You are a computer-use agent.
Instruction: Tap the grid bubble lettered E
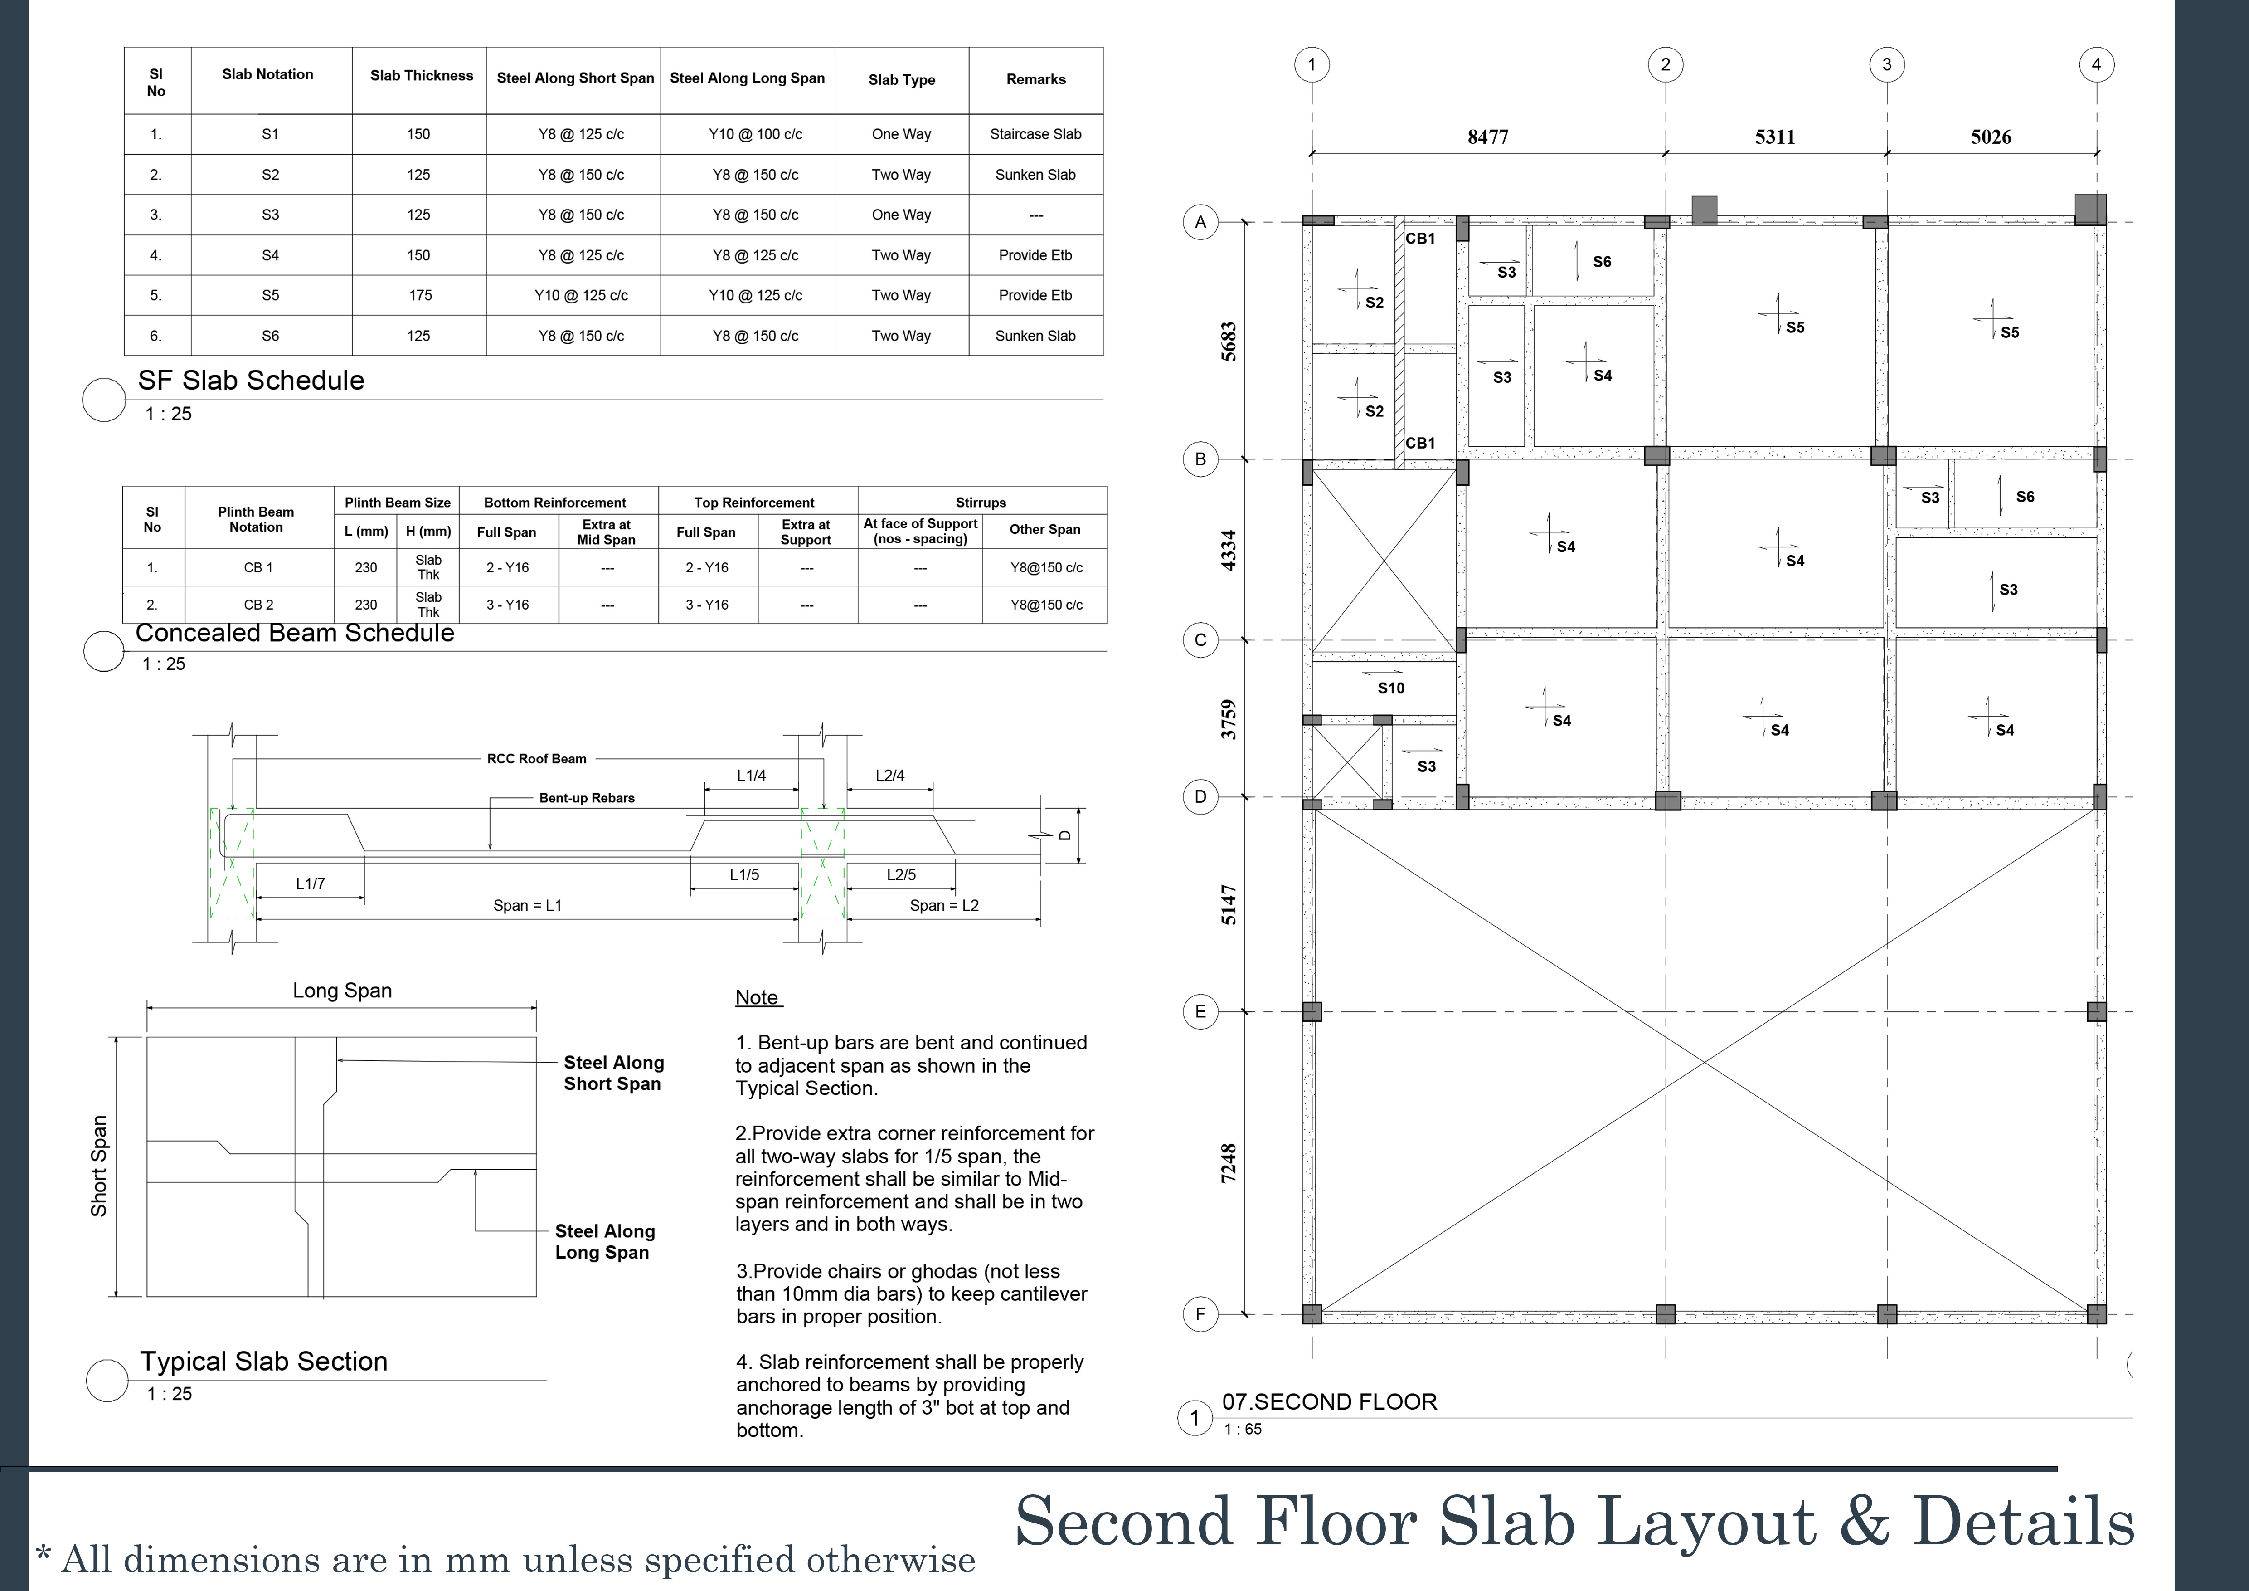point(1200,1012)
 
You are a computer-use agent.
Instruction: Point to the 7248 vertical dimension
point(1229,1163)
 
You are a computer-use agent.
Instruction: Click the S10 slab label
point(1391,688)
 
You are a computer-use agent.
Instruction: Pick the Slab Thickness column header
point(421,75)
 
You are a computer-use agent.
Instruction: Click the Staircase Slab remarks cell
point(1035,134)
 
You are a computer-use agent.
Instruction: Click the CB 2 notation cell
point(258,605)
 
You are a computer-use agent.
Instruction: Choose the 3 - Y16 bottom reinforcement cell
point(507,605)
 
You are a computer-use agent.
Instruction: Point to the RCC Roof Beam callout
point(537,758)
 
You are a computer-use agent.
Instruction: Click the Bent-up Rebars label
point(587,797)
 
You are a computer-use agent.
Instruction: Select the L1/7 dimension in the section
point(311,883)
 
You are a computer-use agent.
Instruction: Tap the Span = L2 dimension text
point(943,905)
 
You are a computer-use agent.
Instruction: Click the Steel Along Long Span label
point(604,1241)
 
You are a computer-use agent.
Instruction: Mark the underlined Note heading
point(757,997)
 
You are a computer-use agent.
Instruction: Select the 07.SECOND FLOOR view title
point(1329,1402)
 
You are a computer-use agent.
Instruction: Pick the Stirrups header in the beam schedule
point(981,503)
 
